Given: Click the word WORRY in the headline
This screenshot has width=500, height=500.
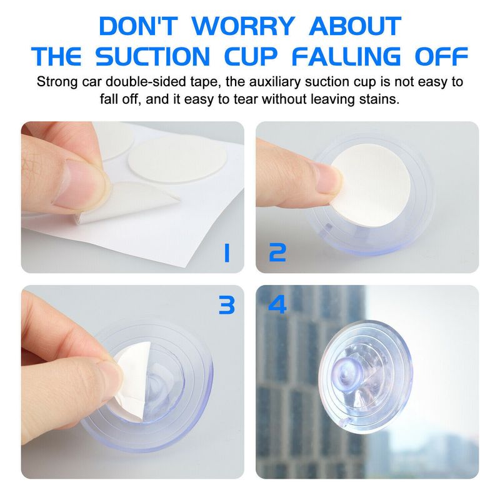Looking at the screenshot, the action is point(243,26).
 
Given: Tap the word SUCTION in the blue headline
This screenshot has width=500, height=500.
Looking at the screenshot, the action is point(152,56).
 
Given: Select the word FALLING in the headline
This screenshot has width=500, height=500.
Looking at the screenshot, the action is point(346,56).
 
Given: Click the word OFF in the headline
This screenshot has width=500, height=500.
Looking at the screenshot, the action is point(441,56).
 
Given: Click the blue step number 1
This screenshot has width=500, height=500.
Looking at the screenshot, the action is point(227,253).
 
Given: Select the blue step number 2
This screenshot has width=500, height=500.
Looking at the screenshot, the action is point(277,252).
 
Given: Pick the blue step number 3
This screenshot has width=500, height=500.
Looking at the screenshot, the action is point(227,304).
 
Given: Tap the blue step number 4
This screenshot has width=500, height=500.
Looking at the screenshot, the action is point(277,304).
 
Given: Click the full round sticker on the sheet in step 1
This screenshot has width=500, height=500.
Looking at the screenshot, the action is point(177,159).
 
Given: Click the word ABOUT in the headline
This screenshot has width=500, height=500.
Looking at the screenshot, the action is point(355,26).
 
